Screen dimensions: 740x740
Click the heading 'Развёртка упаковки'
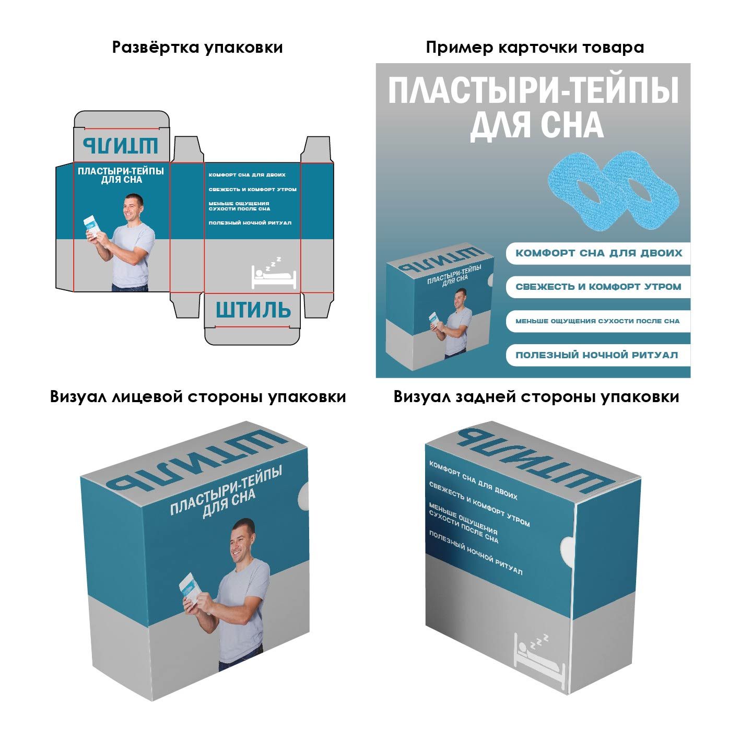click(197, 48)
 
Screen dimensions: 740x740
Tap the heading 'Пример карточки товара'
click(535, 48)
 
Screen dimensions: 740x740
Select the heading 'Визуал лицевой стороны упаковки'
click(198, 397)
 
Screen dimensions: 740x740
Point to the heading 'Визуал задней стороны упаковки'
click(536, 397)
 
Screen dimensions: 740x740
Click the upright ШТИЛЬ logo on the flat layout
click(253, 310)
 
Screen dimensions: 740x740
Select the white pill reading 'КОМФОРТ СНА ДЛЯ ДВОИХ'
click(598, 253)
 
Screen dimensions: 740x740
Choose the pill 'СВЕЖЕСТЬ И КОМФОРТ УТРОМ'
click(598, 287)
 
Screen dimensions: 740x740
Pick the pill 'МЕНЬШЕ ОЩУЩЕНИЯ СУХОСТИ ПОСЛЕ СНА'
click(598, 321)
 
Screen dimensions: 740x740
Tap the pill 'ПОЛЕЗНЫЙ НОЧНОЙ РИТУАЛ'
click(598, 355)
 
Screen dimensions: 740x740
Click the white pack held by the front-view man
click(192, 594)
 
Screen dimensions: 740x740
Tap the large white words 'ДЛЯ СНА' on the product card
click(537, 125)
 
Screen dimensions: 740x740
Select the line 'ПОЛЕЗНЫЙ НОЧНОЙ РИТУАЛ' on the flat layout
click(250, 222)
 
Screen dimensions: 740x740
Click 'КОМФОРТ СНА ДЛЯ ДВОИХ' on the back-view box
click(473, 480)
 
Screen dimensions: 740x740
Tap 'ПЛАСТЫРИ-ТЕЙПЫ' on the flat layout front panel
click(121, 171)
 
